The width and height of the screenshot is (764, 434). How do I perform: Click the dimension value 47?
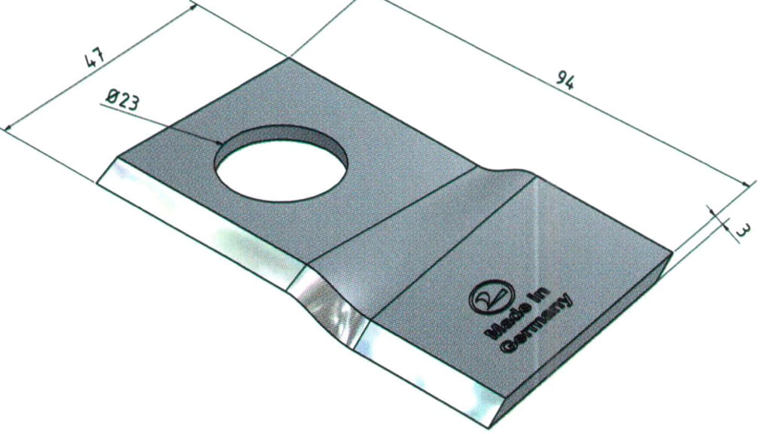[x=95, y=59]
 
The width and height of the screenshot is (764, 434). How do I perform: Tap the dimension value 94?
[x=565, y=81]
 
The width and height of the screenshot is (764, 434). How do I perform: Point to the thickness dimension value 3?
[x=741, y=231]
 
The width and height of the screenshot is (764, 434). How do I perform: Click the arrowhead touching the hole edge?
[x=218, y=142]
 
